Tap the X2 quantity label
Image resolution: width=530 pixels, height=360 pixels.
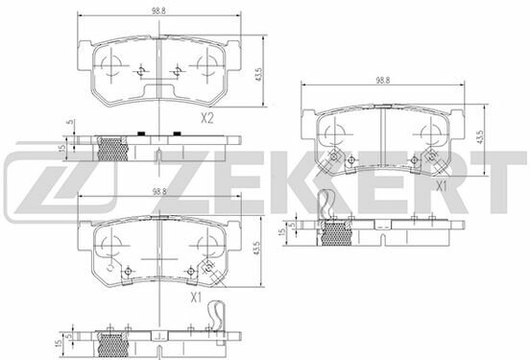coord(206,118)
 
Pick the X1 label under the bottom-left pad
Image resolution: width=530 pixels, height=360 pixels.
coord(196,297)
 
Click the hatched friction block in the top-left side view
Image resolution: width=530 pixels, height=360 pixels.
coord(114,148)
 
